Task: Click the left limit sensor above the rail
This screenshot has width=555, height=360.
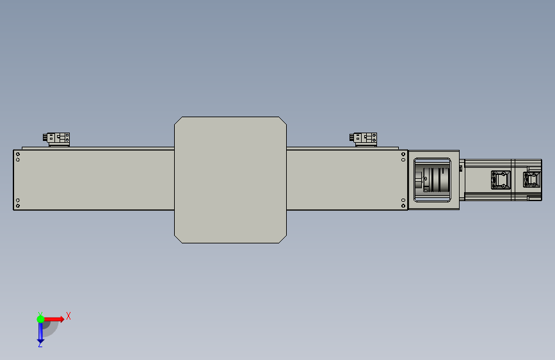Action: pyautogui.click(x=56, y=139)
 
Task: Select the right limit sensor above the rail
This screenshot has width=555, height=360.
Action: pyautogui.click(x=364, y=139)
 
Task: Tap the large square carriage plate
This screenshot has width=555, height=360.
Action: pyautogui.click(x=230, y=180)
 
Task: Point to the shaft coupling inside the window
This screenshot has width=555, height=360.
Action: pyautogui.click(x=433, y=179)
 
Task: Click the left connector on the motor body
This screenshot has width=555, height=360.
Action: pyautogui.click(x=501, y=180)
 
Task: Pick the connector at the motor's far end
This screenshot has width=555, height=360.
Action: pyautogui.click(x=532, y=179)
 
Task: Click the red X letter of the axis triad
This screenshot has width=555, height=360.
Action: pyautogui.click(x=68, y=316)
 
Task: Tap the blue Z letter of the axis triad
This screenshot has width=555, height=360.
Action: pyautogui.click(x=40, y=344)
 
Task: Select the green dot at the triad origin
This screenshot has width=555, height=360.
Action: pyautogui.click(x=40, y=319)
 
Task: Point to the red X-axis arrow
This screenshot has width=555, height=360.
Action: pyautogui.click(x=54, y=319)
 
